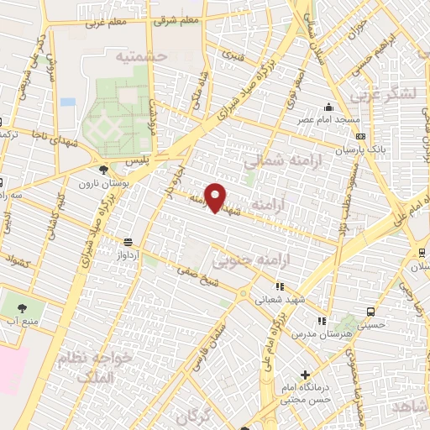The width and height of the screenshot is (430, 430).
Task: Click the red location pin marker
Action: click(x=217, y=198)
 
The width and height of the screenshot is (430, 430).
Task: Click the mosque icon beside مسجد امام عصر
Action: click(x=329, y=107)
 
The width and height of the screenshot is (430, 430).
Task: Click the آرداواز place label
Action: click(x=127, y=253)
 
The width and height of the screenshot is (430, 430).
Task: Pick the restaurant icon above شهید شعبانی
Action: click(x=280, y=286)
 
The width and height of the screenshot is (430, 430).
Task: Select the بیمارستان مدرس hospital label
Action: click(x=322, y=333)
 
